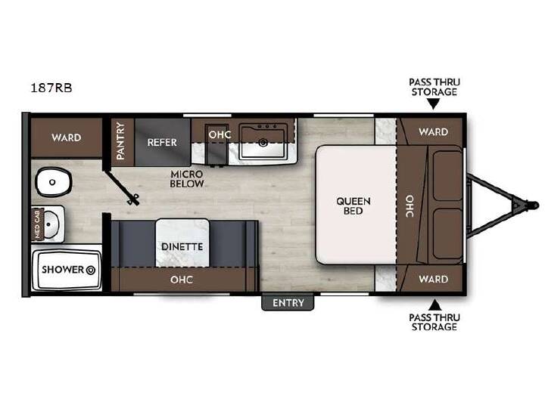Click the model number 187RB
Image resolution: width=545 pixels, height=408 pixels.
[51, 88]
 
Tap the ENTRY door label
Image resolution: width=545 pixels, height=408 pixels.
[288, 303]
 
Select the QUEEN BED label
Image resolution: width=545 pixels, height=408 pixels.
[353, 206]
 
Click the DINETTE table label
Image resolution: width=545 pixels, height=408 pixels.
[182, 246]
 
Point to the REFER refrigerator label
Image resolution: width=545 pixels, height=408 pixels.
[162, 142]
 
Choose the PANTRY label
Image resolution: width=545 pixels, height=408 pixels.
[120, 141]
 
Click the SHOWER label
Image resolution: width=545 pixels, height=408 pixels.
[63, 270]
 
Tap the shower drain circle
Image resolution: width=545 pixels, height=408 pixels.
[91, 270]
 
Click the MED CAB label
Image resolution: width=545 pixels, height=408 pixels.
[37, 224]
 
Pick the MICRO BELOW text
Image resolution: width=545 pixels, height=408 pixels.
[187, 179]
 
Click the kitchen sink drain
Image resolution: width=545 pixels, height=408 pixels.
[263, 142]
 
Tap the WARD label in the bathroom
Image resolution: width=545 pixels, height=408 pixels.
[67, 138]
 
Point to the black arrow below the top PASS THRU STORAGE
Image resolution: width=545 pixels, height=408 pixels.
[434, 104]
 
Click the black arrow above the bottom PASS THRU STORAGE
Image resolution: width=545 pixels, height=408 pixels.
[434, 305]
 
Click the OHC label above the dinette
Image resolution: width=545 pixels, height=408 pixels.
[182, 280]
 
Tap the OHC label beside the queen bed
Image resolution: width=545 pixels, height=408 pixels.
[410, 206]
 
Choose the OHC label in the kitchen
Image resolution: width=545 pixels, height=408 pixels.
[220, 134]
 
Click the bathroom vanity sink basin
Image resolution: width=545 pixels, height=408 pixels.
[51, 224]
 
